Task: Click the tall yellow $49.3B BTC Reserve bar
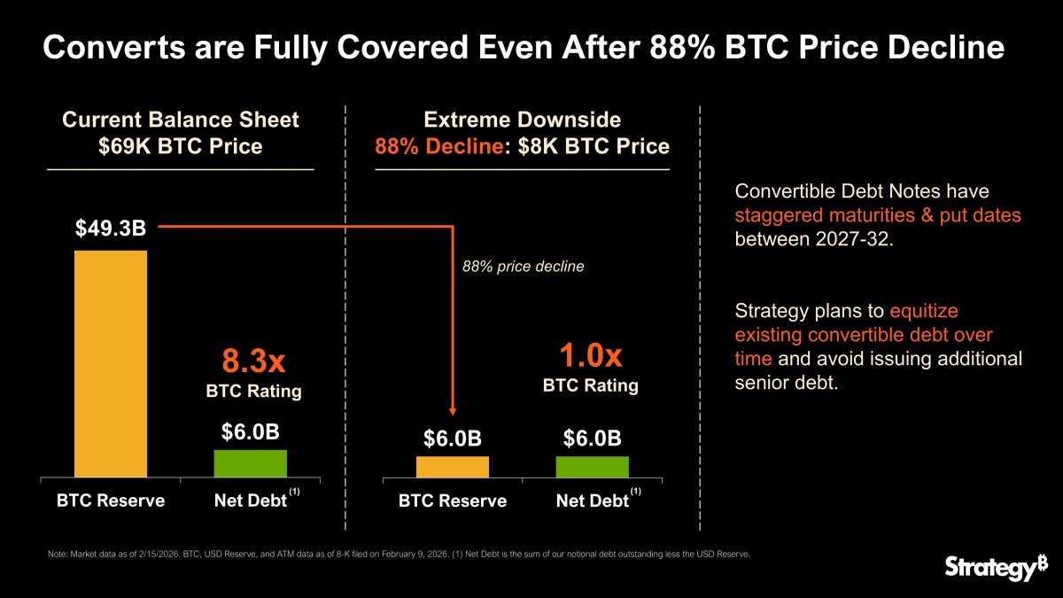pos(111,363)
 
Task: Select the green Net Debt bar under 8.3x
pos(251,463)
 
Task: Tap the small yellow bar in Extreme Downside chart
pos(452,467)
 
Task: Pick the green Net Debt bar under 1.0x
pos(592,467)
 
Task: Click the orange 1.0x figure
pos(590,356)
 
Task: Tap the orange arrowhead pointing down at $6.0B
pos(453,410)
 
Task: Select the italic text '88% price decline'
pos(524,266)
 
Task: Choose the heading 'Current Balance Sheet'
pos(180,120)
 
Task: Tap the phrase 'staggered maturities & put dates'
pos(878,215)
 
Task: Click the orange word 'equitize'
pos(924,311)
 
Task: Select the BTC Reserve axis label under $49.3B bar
pos(111,501)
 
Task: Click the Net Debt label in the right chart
pos(592,501)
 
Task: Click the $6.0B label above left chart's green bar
pos(251,431)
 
